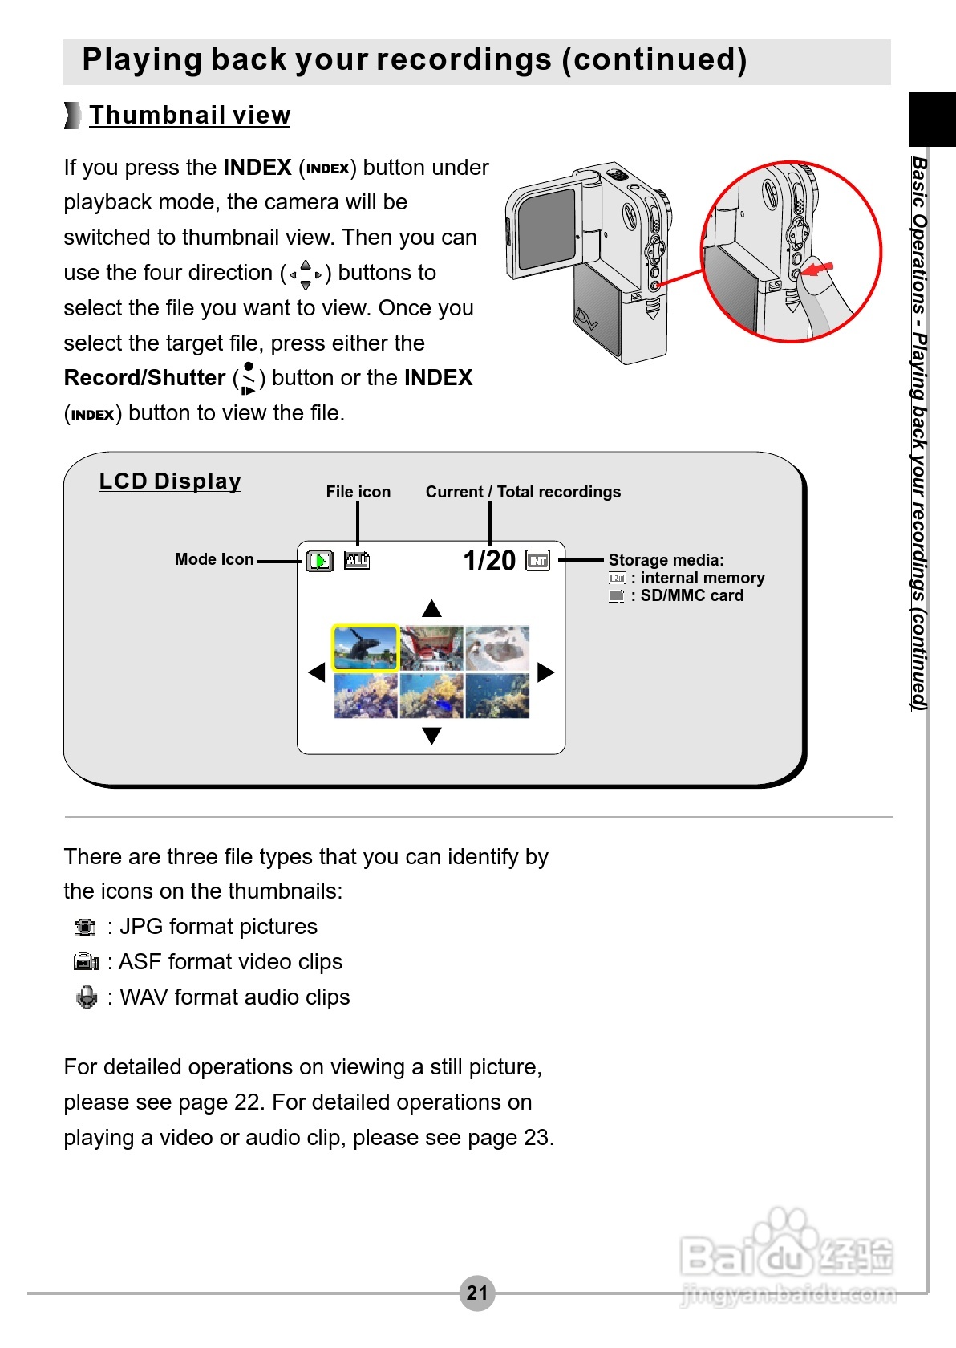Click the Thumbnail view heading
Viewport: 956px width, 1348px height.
189,116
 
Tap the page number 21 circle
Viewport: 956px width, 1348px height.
477,1293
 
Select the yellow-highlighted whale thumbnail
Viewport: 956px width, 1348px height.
366,648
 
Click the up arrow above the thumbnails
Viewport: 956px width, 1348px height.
431,608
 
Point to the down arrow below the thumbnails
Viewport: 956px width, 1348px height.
431,735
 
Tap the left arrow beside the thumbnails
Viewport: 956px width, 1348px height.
318,672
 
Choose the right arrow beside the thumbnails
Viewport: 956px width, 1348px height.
545,672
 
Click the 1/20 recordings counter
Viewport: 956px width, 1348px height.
489,560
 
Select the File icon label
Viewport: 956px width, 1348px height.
358,492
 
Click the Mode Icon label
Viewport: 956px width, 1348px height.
214,559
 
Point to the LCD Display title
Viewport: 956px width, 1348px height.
170,481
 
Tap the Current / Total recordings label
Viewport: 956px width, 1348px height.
523,492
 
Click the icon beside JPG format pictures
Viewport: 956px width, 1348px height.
84,928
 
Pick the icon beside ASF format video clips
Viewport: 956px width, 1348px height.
85,962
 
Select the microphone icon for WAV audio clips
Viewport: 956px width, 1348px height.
86,997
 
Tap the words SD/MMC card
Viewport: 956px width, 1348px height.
691,595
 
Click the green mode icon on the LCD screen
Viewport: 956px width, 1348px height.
320,561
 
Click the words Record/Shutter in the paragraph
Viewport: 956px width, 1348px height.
144,378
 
